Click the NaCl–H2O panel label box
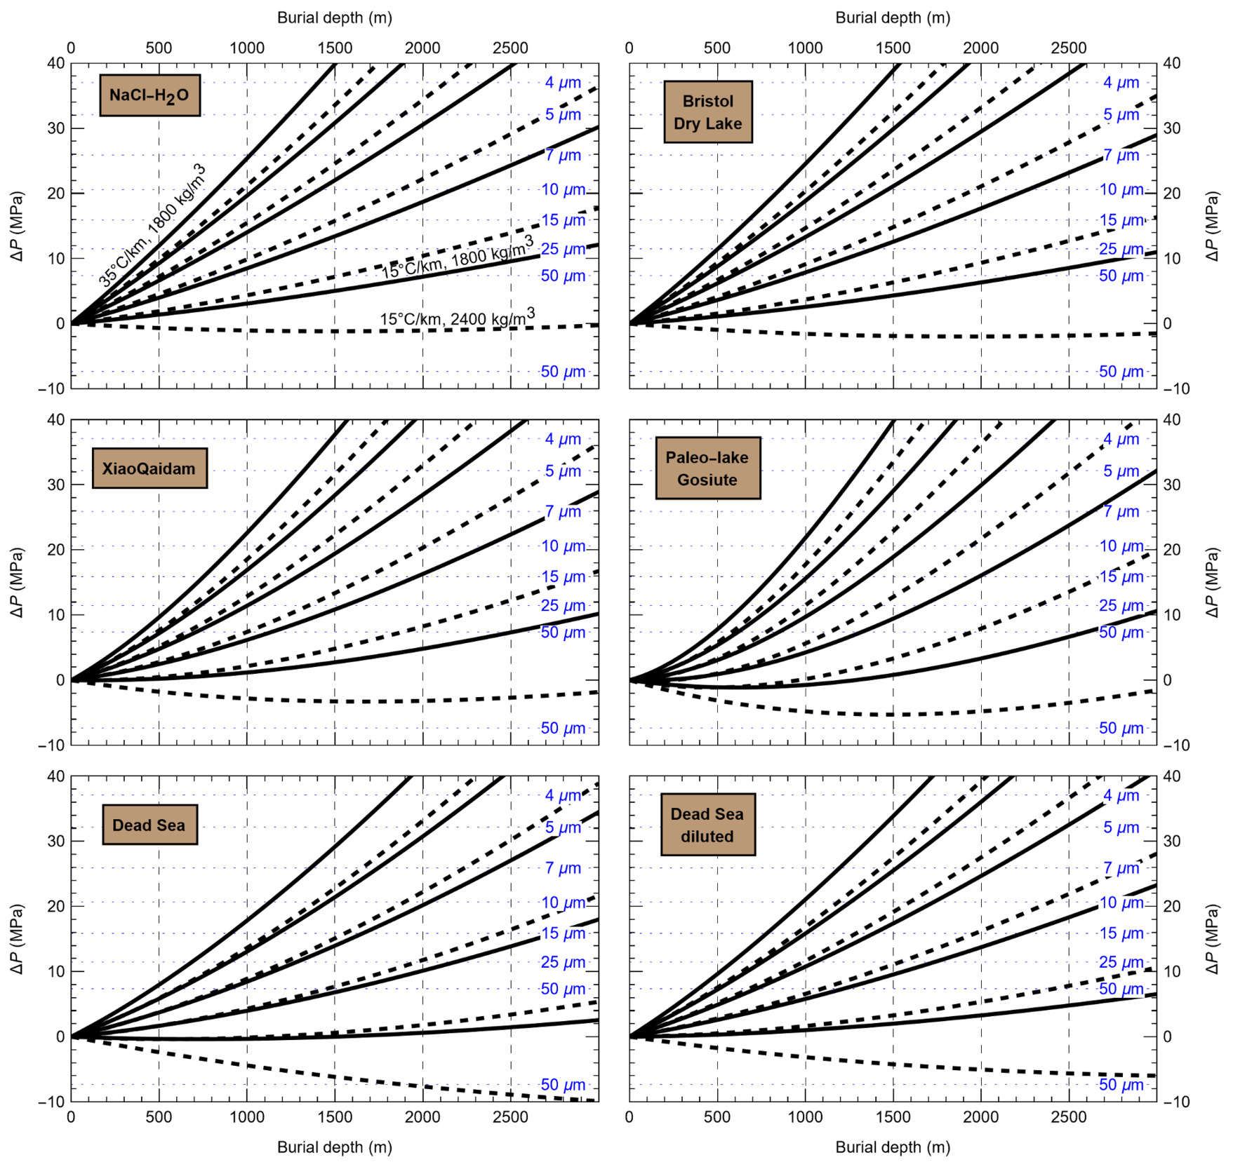coord(149,95)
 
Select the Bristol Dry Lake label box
coord(707,112)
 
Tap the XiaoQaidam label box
coord(149,468)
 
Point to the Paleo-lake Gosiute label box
coord(707,468)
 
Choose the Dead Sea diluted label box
coord(707,825)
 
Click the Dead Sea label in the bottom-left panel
coord(149,825)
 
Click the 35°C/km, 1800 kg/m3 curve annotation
coord(152,226)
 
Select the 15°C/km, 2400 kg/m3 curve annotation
coord(457,318)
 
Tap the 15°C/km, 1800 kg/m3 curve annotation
coord(457,258)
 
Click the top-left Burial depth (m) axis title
coord(334,18)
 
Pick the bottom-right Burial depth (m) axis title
coord(893,1147)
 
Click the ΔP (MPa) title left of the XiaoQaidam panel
coord(18,582)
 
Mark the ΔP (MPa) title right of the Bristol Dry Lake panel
coord(1212,226)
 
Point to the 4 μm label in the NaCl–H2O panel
coord(563,83)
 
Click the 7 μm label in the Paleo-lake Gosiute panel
coord(1121,512)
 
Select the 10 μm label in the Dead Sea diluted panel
coord(1121,903)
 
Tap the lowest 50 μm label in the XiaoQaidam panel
coord(563,728)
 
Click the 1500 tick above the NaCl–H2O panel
coord(335,48)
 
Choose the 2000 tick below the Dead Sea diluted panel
coord(980,1116)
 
